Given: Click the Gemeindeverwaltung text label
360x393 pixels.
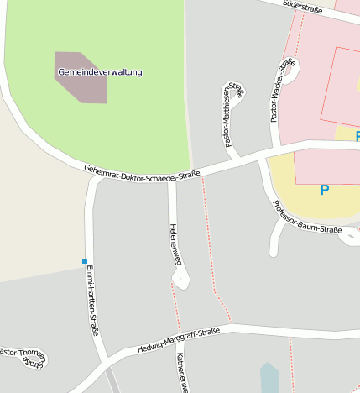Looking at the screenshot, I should [x=100, y=72].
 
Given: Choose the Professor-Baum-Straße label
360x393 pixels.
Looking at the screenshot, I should [x=306, y=217].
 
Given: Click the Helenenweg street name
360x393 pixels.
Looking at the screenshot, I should [x=175, y=244].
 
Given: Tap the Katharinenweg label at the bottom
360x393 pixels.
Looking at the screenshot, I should [x=180, y=374].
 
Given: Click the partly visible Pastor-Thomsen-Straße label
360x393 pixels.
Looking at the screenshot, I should [x=23, y=356].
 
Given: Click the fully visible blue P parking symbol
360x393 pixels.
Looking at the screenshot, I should [x=325, y=191].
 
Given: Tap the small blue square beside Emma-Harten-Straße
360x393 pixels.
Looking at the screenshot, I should [x=85, y=261].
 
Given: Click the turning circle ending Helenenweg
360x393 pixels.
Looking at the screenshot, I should [x=180, y=278].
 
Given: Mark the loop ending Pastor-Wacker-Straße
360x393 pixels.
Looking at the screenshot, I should [x=291, y=71].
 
